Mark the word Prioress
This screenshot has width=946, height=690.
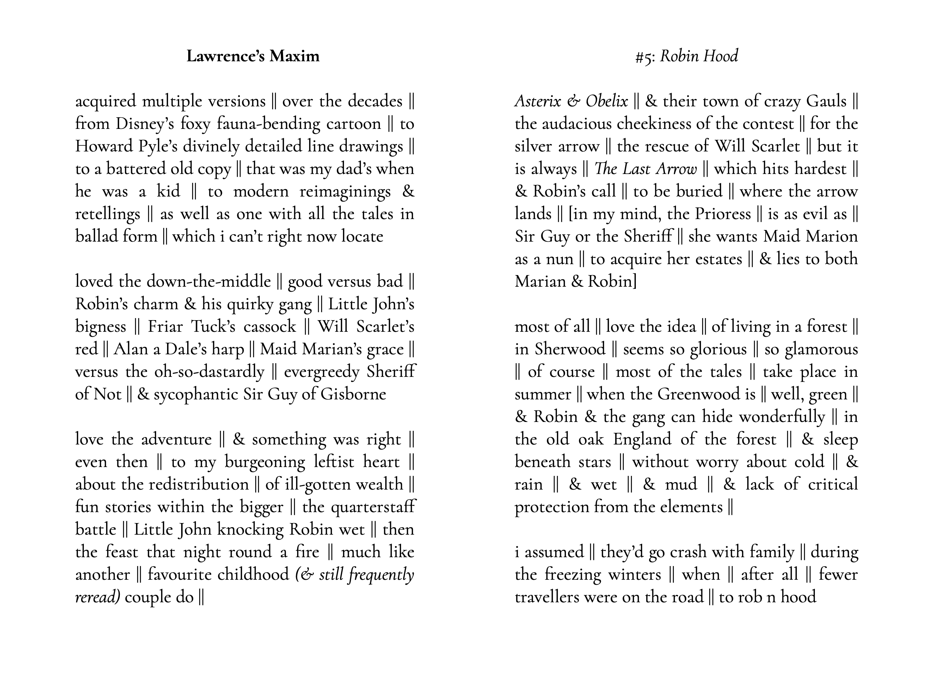click(723, 214)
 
